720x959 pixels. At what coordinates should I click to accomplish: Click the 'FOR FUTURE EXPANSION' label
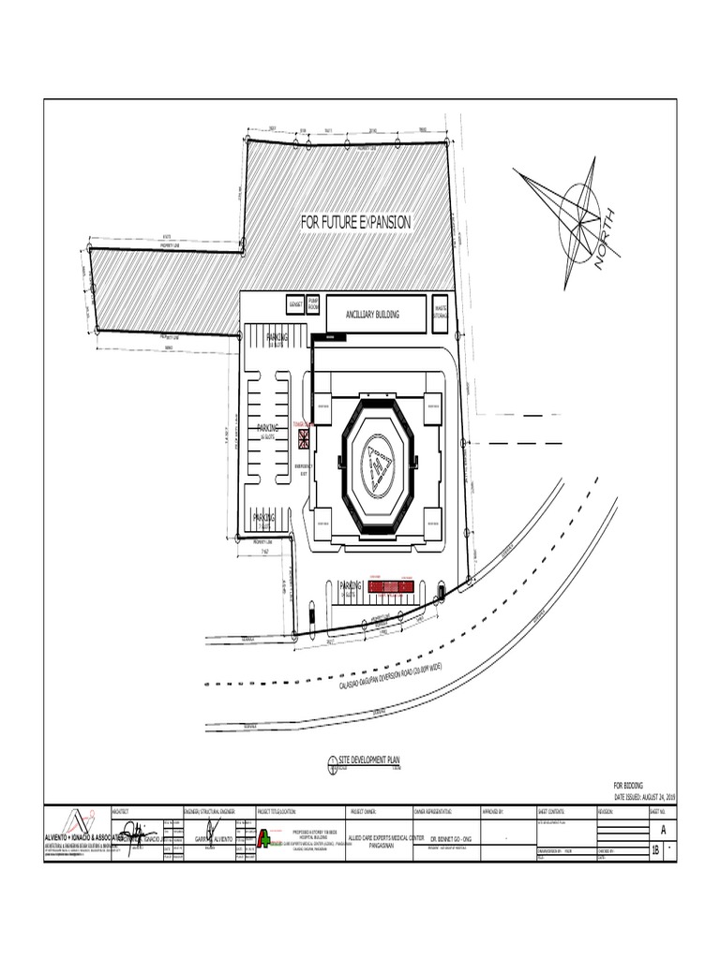(355, 222)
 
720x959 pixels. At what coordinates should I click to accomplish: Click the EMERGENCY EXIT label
(303, 468)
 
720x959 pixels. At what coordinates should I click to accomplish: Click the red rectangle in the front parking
(391, 587)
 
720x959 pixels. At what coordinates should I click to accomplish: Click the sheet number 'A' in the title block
(662, 830)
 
